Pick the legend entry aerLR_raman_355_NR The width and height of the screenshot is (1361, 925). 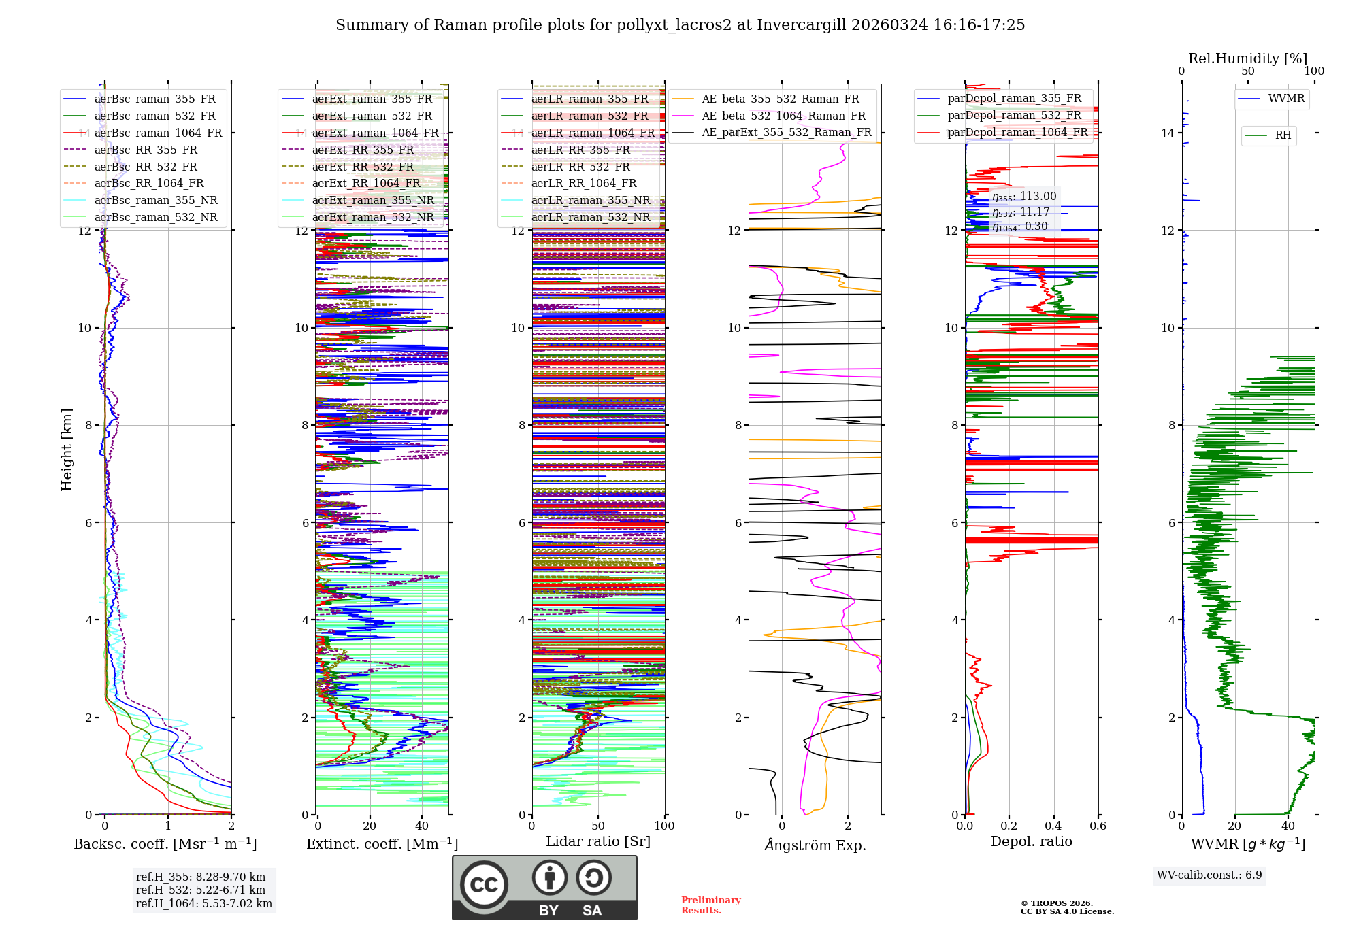click(591, 200)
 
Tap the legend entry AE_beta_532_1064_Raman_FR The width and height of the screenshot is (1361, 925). click(783, 116)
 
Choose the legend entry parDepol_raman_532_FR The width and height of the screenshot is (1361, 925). click(1014, 115)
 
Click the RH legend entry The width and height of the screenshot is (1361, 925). click(1283, 135)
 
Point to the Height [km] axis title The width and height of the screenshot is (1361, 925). click(67, 449)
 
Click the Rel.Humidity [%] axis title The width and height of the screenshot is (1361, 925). click(1247, 58)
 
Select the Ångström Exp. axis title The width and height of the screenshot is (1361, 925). click(815, 845)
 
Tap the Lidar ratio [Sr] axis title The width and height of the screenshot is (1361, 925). click(597, 841)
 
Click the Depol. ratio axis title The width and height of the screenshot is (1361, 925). click(1031, 841)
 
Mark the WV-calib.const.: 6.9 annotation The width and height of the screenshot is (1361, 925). click(1209, 875)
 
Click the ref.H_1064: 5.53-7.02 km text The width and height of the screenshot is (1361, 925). click(203, 903)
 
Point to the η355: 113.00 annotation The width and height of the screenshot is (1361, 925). click(1024, 197)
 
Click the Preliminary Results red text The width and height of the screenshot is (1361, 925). click(710, 905)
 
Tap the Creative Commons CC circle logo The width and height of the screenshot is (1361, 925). click(484, 884)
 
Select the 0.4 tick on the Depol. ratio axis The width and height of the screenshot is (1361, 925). click(1053, 826)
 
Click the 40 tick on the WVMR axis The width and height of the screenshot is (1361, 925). click(1288, 826)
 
